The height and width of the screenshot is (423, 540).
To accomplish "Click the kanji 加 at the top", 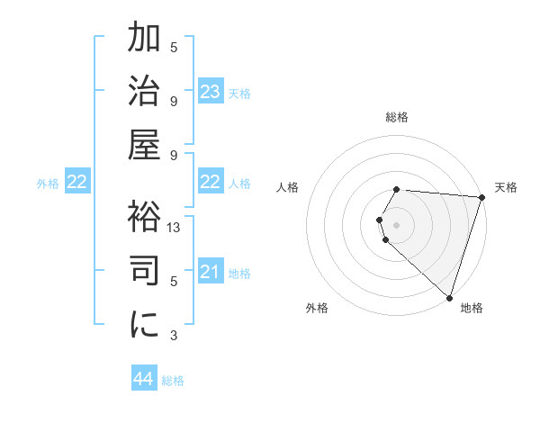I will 145,40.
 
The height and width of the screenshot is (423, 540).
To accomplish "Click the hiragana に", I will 145,326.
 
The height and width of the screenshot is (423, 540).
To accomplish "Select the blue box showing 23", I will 211,92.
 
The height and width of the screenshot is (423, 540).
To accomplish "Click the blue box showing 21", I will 211,273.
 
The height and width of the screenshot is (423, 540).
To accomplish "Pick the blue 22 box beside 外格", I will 77,183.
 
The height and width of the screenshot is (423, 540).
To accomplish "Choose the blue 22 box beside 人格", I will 211,183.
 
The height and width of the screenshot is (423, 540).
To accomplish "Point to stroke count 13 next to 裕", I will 175,228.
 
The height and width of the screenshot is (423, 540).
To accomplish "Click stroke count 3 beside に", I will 174,336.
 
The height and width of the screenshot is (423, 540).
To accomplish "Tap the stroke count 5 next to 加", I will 174,48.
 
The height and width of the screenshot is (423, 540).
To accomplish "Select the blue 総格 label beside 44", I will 173,381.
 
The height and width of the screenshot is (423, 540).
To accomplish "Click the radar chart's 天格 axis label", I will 506,187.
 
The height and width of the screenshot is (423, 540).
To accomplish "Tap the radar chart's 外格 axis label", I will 317,308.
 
